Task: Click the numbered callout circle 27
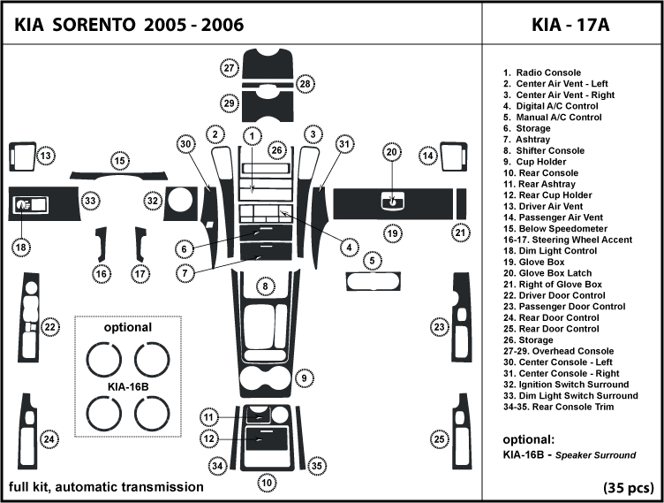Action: tap(230, 68)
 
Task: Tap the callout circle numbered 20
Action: tap(391, 153)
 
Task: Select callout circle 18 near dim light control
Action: tap(20, 248)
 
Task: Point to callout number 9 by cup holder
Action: tap(303, 378)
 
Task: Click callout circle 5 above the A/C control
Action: tap(373, 261)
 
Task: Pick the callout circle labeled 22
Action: tap(51, 327)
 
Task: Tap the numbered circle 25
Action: tap(438, 439)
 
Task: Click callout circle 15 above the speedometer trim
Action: tap(118, 160)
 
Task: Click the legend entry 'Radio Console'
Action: tap(547, 72)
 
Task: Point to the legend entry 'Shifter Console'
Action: tap(549, 150)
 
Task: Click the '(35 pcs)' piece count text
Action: tap(629, 488)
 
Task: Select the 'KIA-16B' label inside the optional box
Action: tap(128, 386)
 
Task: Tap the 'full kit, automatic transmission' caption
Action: tap(106, 487)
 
